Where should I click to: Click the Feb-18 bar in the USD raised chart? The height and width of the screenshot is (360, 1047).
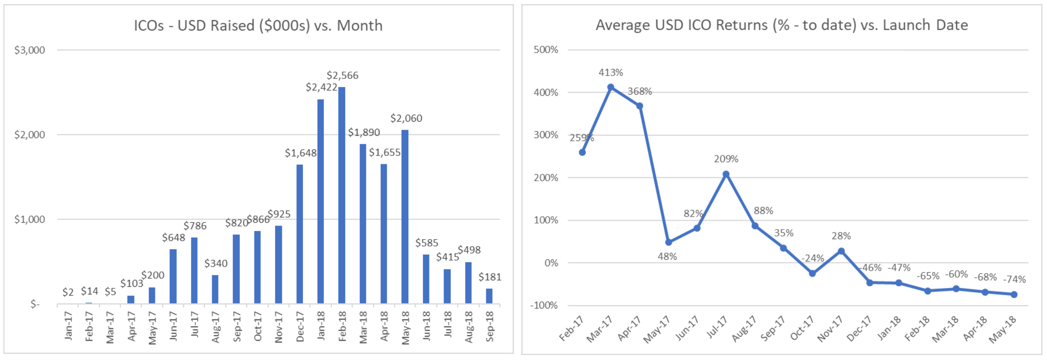(x=342, y=195)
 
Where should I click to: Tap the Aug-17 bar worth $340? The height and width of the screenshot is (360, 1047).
(x=215, y=289)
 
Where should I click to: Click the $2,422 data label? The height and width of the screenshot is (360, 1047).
(x=321, y=87)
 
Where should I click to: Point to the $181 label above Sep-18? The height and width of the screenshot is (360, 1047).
(x=490, y=277)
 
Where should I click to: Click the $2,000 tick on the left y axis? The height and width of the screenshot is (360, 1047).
(x=30, y=135)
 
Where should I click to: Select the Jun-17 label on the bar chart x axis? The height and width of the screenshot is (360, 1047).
(x=173, y=326)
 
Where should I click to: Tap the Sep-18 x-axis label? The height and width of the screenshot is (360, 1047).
(x=490, y=326)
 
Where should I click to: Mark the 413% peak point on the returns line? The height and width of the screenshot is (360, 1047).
(x=610, y=87)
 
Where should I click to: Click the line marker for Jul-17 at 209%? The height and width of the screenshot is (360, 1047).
(x=726, y=174)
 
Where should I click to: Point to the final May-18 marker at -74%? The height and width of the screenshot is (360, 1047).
(x=1014, y=294)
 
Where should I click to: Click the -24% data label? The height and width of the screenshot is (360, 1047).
(x=813, y=259)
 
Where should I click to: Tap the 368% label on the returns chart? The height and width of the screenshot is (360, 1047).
(x=640, y=92)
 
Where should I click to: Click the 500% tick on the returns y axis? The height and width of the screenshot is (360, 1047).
(x=546, y=50)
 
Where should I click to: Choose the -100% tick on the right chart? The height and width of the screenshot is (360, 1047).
(x=544, y=305)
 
